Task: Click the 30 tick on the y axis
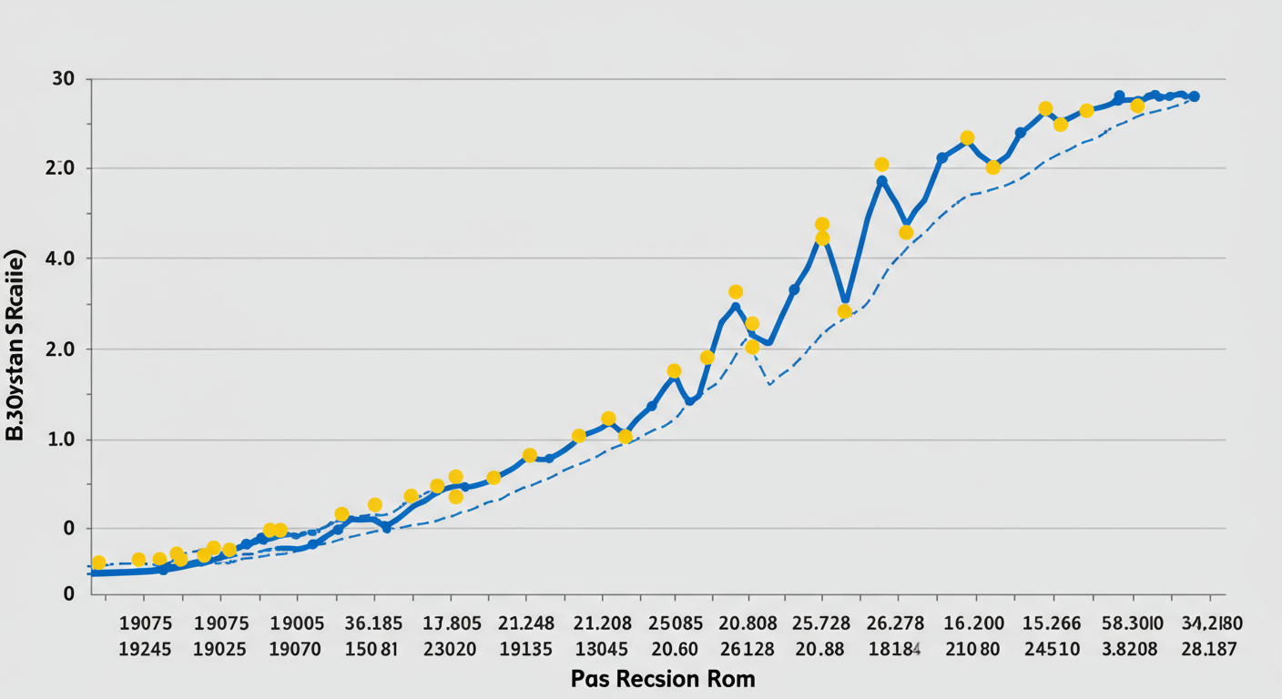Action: click(x=64, y=79)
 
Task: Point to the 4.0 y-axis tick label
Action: click(x=64, y=258)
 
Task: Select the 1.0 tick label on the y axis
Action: click(x=64, y=440)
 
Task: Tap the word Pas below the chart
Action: click(x=591, y=679)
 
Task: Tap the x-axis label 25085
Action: click(x=677, y=623)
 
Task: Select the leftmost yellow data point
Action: click(x=98, y=562)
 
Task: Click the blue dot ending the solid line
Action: click(x=1194, y=96)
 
